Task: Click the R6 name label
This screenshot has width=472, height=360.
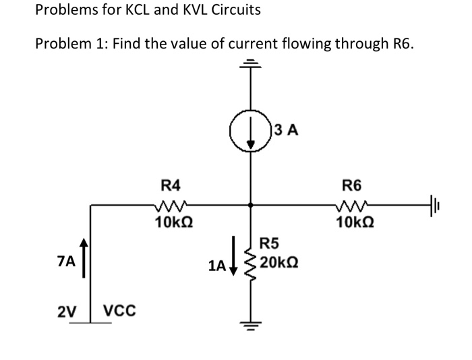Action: pos(352,184)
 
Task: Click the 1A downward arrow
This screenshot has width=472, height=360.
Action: pos(233,256)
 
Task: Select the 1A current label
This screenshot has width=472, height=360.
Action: pos(216,266)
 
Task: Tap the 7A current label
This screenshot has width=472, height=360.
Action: pos(67,258)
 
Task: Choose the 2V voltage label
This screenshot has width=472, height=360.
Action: pos(66,311)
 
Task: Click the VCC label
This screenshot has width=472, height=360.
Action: pos(119,311)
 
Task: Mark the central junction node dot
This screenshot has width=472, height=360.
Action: pos(251,204)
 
